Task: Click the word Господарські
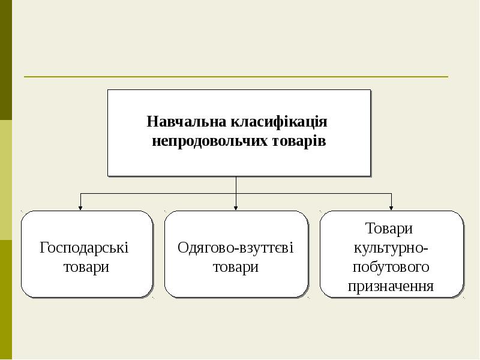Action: pos(85,247)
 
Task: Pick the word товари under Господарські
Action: pos(86,267)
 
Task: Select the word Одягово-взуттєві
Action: pos(236,247)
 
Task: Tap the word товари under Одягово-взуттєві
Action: pos(236,267)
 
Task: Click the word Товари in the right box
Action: pos(389,229)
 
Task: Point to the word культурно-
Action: pos(391,247)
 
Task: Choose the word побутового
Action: pos(391,266)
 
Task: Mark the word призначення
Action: pos(391,286)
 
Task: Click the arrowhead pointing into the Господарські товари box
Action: pos(81,208)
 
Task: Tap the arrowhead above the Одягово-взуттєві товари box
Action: pos(236,208)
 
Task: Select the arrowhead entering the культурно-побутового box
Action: pos(392,208)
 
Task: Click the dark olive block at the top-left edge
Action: pos(5,60)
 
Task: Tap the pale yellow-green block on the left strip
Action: pos(5,180)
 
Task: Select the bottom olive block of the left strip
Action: pos(5,300)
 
